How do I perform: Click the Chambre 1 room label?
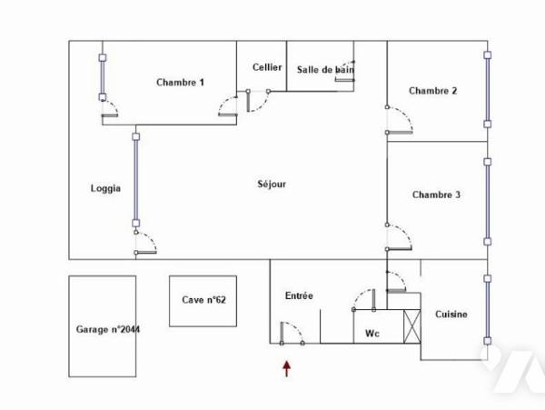click(180, 83)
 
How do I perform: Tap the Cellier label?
click(267, 67)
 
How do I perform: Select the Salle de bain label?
click(325, 70)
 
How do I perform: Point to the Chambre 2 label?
click(432, 91)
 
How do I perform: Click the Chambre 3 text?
click(436, 195)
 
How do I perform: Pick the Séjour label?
click(272, 184)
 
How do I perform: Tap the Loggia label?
click(105, 188)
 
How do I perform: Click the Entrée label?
click(299, 295)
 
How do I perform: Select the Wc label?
click(372, 334)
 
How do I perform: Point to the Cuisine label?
click(451, 315)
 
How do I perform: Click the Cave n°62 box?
click(203, 301)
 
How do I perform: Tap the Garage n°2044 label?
click(108, 329)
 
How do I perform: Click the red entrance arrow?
click(286, 369)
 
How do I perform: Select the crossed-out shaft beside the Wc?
click(412, 327)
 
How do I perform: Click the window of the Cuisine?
click(487, 309)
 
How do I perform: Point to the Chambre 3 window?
click(487, 202)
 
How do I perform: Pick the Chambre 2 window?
click(487, 89)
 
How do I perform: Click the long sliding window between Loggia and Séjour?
click(136, 180)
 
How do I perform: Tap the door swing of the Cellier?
click(258, 101)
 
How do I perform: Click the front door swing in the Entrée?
click(292, 333)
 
